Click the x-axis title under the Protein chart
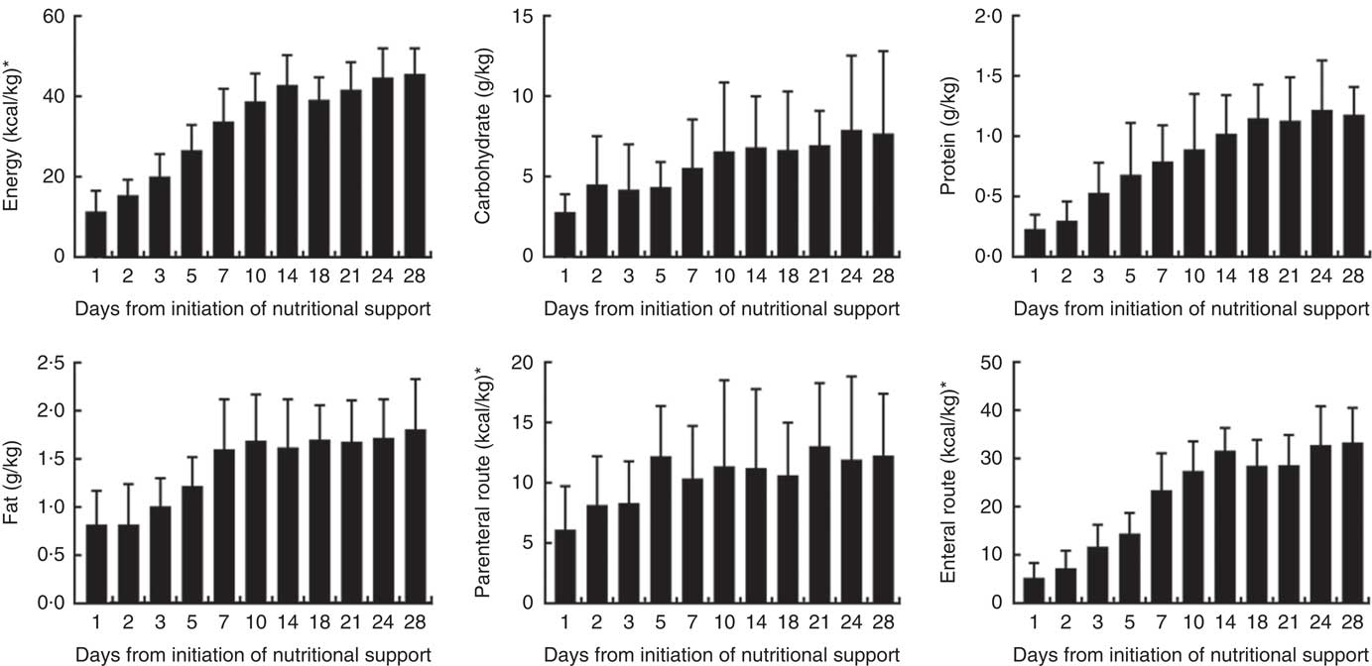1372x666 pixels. (x=1190, y=308)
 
